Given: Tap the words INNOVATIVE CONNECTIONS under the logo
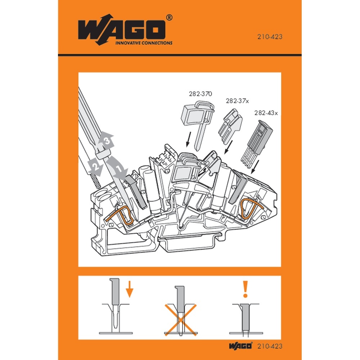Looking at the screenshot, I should coord(143,42).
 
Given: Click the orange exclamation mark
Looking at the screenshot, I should coord(246,289).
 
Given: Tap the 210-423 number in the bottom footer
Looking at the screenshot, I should coord(270,346).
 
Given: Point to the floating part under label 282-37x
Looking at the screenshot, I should coord(230,127).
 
